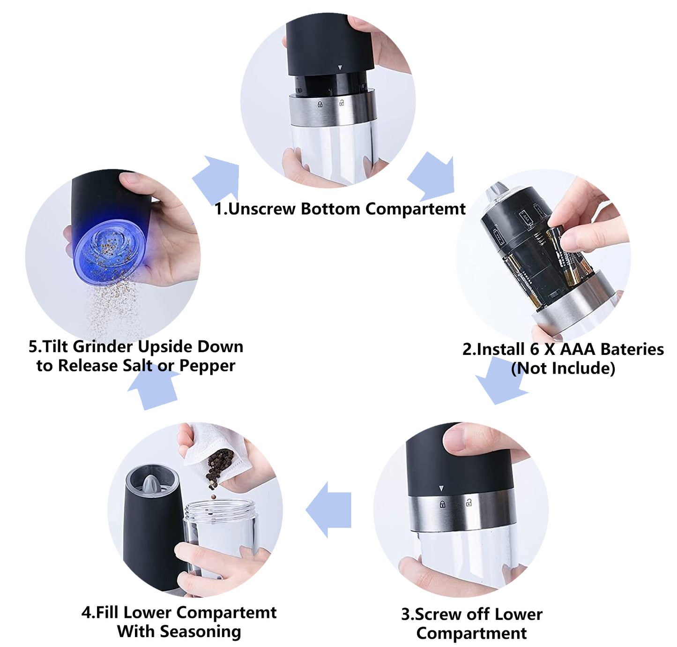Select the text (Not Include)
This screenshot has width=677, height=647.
pyautogui.click(x=563, y=368)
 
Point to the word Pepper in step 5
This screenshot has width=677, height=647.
pyautogui.click(x=207, y=366)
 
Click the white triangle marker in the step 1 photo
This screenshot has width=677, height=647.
pyautogui.click(x=340, y=68)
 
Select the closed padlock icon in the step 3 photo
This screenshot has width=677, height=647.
pyautogui.click(x=442, y=504)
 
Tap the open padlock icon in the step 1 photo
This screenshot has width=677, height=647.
pyautogui.click(x=341, y=102)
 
